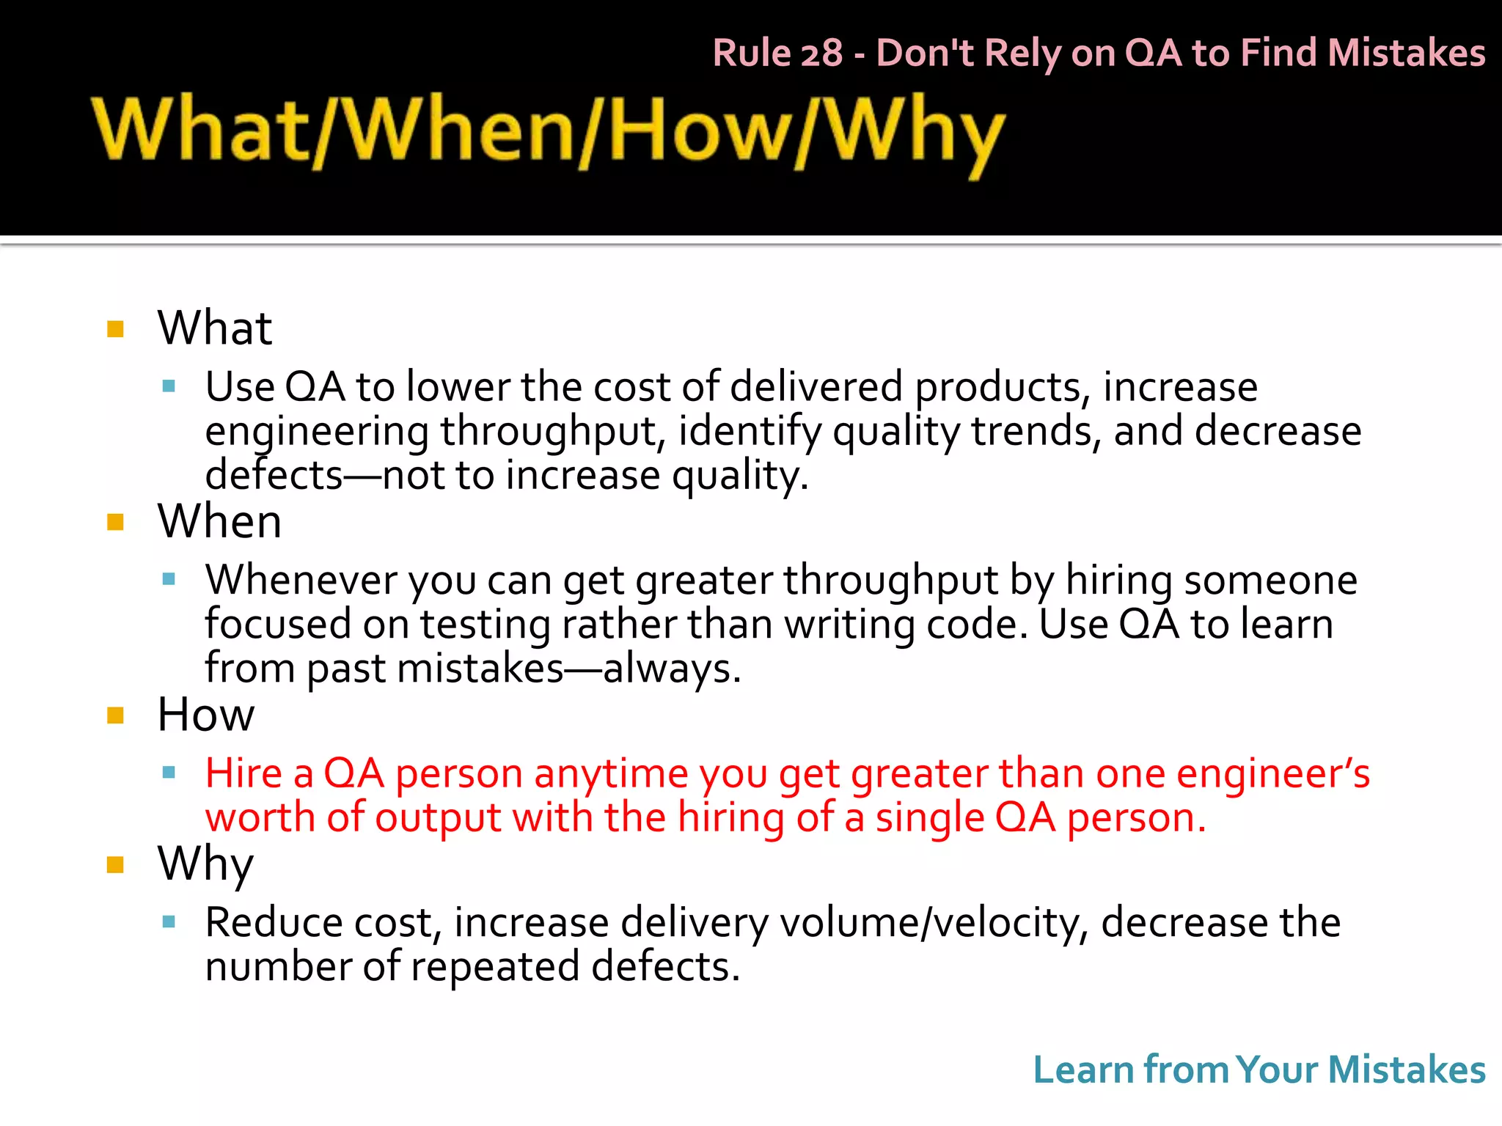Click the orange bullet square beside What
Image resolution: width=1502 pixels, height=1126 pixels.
coord(115,328)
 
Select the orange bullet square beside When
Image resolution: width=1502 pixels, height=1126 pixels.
coord(115,522)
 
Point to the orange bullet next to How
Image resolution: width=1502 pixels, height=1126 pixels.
coord(115,715)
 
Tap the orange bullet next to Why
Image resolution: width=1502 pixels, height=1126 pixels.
coord(115,865)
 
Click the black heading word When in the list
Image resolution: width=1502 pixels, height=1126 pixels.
coord(219,521)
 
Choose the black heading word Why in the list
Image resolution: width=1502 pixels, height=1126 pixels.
coord(205,864)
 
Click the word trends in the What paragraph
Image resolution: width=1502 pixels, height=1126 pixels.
coord(1036,431)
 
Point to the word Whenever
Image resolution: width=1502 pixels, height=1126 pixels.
coord(301,580)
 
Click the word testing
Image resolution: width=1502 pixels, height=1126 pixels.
coord(484,625)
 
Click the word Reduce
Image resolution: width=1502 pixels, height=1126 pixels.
coord(274,922)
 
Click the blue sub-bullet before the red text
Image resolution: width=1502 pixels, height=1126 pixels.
coord(169,772)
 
